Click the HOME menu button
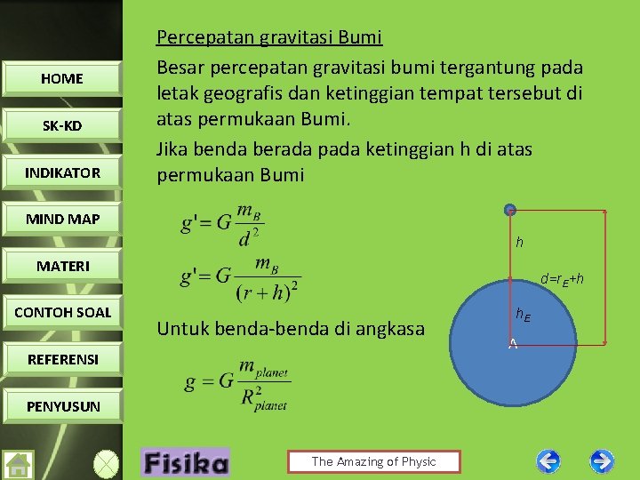coord(62,78)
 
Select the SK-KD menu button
coord(62,125)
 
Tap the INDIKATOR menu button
coord(62,172)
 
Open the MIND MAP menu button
coord(62,219)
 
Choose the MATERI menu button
coord(62,266)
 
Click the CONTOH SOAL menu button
coord(62,312)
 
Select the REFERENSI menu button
coord(62,359)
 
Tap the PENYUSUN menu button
coord(62,406)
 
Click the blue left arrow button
coord(548,460)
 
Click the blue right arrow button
coord(602,460)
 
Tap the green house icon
coord(18,464)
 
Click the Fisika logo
coord(185,462)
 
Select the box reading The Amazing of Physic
coord(373,461)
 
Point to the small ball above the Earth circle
coord(509,210)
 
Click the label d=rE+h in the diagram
coord(563,279)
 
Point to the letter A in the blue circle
coord(513,344)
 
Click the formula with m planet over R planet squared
coord(237,384)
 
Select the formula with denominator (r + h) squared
coord(241,277)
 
